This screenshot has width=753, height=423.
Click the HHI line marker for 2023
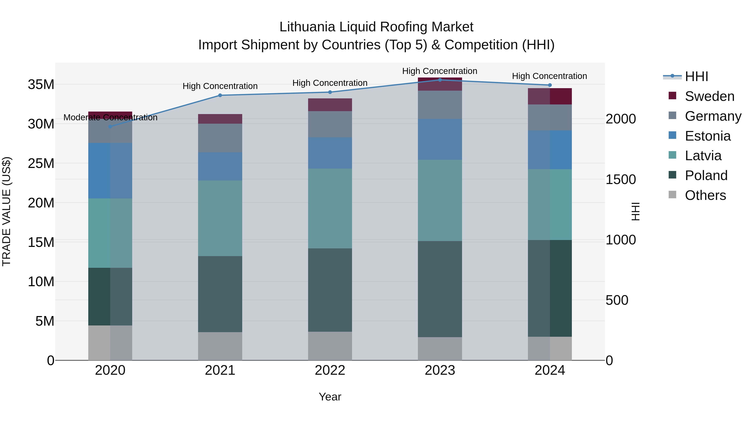pos(440,80)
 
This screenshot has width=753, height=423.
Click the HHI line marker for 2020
pos(110,126)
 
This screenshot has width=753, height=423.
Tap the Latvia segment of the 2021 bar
pos(220,218)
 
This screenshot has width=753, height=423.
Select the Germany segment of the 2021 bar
pos(220,138)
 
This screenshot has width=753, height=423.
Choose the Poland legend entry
pos(706,175)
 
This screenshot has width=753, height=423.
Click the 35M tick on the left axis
pos(41,84)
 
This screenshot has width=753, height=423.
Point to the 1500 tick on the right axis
pos(620,179)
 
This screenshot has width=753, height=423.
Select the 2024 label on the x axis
pos(549,370)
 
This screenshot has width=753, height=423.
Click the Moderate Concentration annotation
pos(110,117)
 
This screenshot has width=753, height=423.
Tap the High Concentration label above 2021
pos(220,86)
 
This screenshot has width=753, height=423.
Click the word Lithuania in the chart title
pos(307,27)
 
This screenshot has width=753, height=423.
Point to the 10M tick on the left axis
pos(41,281)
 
